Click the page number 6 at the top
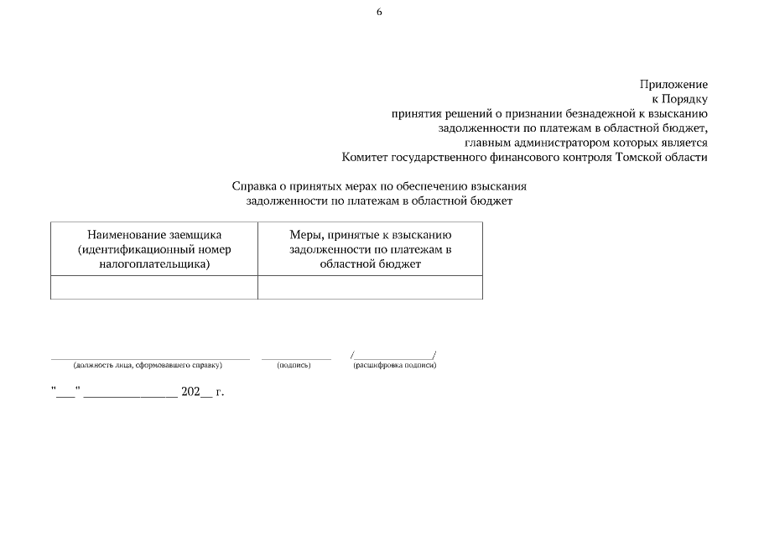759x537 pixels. point(379,13)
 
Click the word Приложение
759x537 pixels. point(673,85)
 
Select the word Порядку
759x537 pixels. point(686,99)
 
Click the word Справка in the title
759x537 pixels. point(255,186)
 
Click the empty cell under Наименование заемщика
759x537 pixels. point(154,287)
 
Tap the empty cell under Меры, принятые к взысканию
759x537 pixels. point(370,287)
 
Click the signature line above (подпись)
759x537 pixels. point(296,358)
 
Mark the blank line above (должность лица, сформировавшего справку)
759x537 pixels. point(150,358)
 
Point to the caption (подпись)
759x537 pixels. point(294,366)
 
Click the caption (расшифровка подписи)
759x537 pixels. point(394,366)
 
